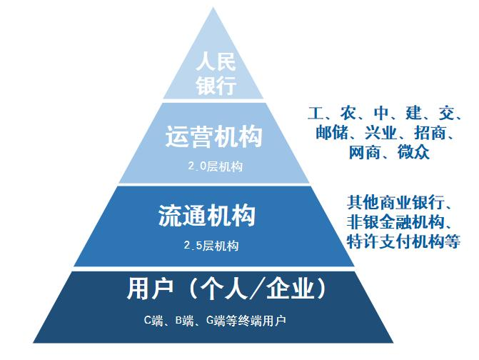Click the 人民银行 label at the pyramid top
(216, 74)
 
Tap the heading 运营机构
(214, 136)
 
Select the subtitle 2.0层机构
(216, 166)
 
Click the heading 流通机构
(207, 216)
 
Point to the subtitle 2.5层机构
(211, 246)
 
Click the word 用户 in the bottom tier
(150, 288)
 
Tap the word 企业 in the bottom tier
(291, 288)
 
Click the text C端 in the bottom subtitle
(153, 321)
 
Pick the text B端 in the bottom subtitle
(185, 321)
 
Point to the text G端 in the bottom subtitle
(216, 321)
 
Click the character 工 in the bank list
(316, 113)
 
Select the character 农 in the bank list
(348, 113)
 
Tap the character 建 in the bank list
(414, 113)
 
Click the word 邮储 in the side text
(332, 133)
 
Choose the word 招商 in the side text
(430, 133)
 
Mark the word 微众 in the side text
(414, 152)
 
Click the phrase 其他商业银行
(396, 202)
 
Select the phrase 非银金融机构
(396, 222)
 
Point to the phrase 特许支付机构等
(404, 241)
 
